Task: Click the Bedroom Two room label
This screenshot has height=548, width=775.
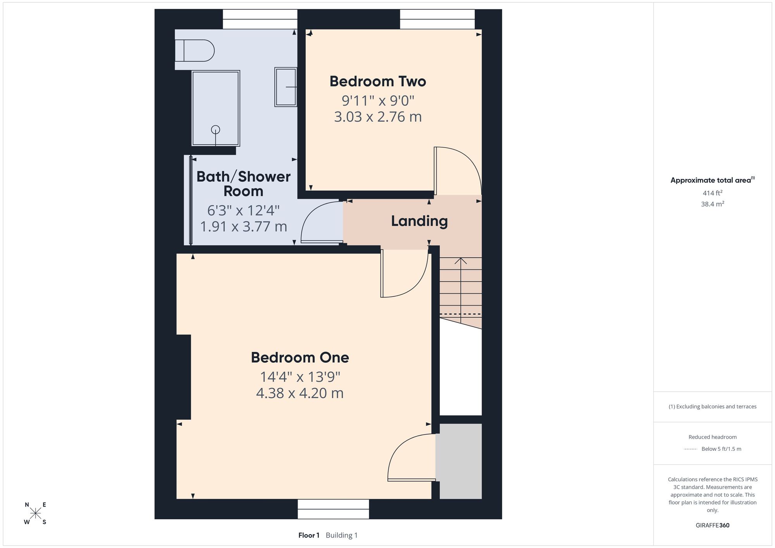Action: [x=378, y=81]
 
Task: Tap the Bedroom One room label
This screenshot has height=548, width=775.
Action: [x=300, y=357]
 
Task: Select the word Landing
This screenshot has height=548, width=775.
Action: [x=419, y=221]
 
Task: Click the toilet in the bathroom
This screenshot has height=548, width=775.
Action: [x=195, y=50]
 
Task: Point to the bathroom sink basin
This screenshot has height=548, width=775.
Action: [x=286, y=87]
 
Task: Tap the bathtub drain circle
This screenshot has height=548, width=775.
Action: [x=215, y=130]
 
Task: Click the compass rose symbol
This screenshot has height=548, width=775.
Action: [x=36, y=513]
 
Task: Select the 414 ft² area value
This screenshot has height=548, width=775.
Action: [x=712, y=193]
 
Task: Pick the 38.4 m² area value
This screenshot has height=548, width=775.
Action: [x=712, y=204]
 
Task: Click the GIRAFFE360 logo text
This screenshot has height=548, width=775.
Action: [x=712, y=526]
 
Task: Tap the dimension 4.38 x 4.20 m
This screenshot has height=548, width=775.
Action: [x=300, y=393]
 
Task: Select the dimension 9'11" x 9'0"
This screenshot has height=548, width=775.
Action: [x=378, y=100]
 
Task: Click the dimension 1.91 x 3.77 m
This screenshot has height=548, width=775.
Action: [x=243, y=226]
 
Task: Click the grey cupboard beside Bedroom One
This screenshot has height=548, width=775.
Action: [x=459, y=461]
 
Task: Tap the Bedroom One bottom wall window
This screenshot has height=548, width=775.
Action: [x=333, y=509]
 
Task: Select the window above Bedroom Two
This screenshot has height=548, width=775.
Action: [x=437, y=19]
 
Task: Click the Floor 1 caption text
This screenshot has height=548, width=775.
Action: [x=309, y=535]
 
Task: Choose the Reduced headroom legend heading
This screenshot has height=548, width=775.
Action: [x=712, y=437]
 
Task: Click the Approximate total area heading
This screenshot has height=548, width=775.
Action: [x=712, y=180]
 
